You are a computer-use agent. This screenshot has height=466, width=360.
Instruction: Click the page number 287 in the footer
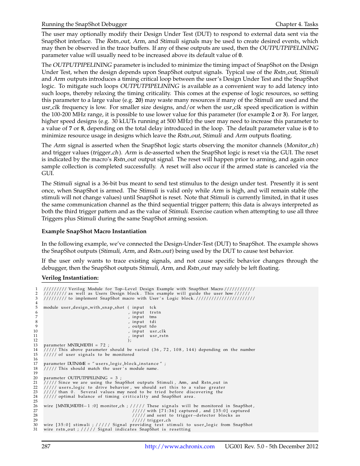click(46, 446)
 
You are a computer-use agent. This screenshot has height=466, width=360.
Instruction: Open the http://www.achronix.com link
click(180, 446)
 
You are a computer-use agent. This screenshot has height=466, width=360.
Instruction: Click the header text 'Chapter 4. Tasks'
click(297, 24)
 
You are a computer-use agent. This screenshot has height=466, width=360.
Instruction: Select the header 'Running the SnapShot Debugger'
click(84, 24)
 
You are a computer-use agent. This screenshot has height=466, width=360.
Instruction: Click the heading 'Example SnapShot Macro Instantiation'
click(94, 231)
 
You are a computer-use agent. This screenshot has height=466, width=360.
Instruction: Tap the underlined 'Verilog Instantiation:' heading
click(70, 278)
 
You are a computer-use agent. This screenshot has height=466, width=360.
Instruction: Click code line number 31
click(35, 429)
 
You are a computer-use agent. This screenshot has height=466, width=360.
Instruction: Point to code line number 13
click(35, 345)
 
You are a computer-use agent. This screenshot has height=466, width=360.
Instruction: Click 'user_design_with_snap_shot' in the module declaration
click(92, 308)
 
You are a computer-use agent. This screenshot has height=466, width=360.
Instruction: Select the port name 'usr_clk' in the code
click(158, 331)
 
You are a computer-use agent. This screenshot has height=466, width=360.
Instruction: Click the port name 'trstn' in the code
click(155, 312)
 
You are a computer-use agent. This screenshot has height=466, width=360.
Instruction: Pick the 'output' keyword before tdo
click(139, 326)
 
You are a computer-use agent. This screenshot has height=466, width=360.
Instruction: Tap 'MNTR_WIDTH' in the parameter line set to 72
click(80, 345)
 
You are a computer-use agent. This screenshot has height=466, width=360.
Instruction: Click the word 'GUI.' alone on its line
click(48, 174)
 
